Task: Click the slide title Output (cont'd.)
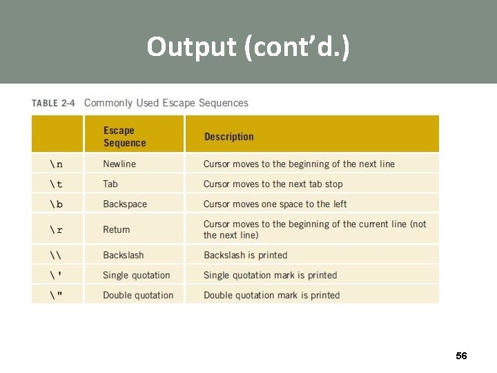pyautogui.click(x=248, y=47)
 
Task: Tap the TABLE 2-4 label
pyautogui.click(x=53, y=104)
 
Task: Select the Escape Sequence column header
pyautogui.click(x=124, y=137)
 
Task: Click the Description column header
pyautogui.click(x=228, y=137)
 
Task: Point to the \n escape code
pyautogui.click(x=56, y=164)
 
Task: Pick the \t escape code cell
pyautogui.click(x=56, y=184)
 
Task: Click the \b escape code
pyautogui.click(x=56, y=204)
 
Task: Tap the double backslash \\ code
pyautogui.click(x=56, y=256)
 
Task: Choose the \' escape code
pyautogui.click(x=56, y=276)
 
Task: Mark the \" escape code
pyautogui.click(x=56, y=296)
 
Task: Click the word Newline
pyautogui.click(x=119, y=164)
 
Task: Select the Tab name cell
pyautogui.click(x=110, y=184)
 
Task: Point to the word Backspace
pyautogui.click(x=125, y=204)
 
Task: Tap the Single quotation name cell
pyautogui.click(x=136, y=276)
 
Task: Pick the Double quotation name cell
pyautogui.click(x=138, y=296)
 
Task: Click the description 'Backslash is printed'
pyautogui.click(x=245, y=256)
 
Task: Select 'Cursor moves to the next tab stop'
pyautogui.click(x=273, y=184)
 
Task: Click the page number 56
pyautogui.click(x=461, y=356)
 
